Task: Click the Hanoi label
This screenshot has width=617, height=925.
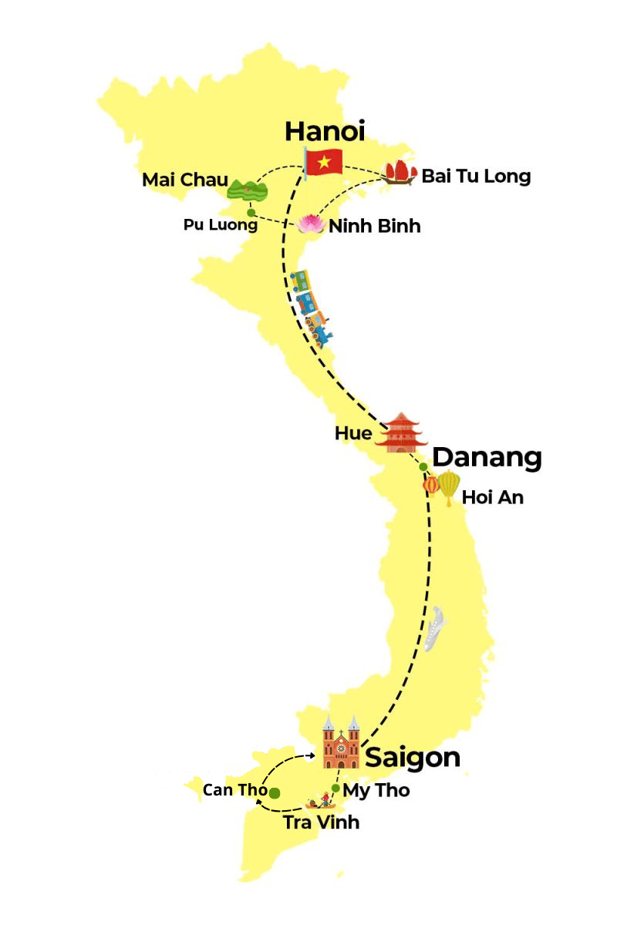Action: coord(324,130)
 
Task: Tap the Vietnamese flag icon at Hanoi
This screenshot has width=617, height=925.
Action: coord(323,162)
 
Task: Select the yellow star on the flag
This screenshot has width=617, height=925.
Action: coord(325,161)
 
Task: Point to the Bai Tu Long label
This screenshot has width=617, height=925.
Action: coord(476,176)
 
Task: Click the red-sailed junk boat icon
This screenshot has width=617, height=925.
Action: coord(401,172)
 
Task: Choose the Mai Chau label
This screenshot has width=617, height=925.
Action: coord(185,180)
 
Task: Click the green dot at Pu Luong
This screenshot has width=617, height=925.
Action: coord(251,212)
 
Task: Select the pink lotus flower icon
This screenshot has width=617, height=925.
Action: coord(312,224)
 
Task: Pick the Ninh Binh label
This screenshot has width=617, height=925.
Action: coord(375,227)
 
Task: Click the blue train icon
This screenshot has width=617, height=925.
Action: coord(312,306)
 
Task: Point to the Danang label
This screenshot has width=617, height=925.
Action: coord(487,457)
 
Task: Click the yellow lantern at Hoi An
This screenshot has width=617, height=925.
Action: coord(449,487)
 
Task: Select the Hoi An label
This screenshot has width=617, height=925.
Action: coord(493,497)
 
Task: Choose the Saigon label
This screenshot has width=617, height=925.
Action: coord(413,757)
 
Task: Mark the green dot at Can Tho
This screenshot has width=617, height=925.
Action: coord(275,792)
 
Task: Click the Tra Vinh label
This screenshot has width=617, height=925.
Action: coord(321,822)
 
